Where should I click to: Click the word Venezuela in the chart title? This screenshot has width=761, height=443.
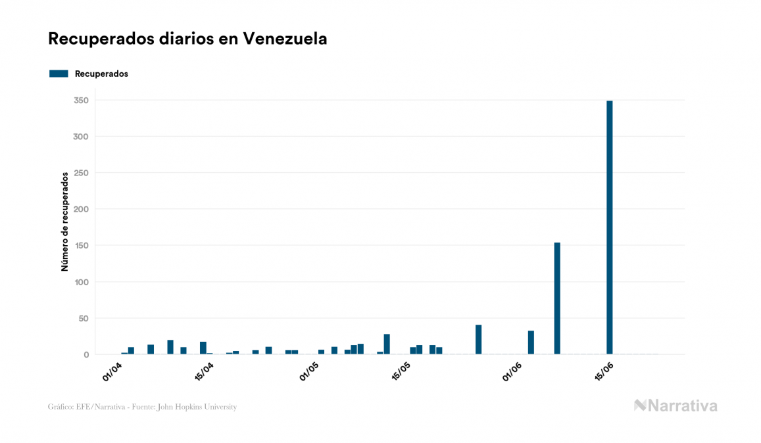point(285,39)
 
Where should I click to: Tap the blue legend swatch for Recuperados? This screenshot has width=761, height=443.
point(59,74)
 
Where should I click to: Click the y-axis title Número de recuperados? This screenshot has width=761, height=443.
point(64,222)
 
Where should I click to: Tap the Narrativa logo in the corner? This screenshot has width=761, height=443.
point(675,406)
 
